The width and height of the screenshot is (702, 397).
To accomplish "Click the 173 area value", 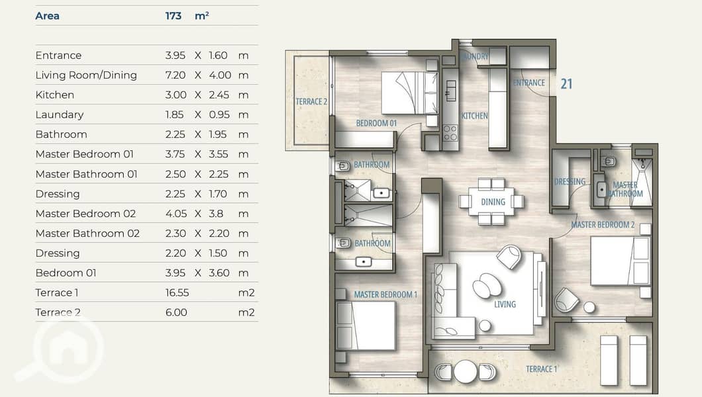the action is tap(174, 16).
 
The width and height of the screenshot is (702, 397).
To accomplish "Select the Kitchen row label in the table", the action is tap(54, 95).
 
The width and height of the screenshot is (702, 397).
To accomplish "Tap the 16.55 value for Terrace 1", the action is tap(177, 293).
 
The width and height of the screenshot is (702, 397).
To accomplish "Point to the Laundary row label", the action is tap(60, 115).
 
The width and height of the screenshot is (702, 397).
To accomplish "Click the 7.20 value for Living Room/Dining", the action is tap(175, 75).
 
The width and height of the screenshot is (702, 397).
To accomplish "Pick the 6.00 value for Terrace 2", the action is tap(176, 312).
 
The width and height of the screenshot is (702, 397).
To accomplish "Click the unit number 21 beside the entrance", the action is tap(566, 83).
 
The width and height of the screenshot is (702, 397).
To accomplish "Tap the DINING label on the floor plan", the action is tap(493, 202).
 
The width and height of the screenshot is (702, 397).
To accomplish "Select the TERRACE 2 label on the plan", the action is tap(311, 102).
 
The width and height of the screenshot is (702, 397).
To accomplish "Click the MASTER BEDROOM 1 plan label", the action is tap(385, 294).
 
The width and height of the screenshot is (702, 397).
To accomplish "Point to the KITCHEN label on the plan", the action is tap(475, 116).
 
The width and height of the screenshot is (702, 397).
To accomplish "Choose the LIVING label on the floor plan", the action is tap(505, 304).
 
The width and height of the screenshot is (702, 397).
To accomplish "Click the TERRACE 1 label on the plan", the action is tap(542, 369).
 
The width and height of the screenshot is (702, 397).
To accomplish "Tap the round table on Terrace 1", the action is tap(466, 371).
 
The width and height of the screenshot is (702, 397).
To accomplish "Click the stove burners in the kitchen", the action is tap(450, 133).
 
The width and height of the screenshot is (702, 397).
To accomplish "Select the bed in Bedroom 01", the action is tap(409, 93).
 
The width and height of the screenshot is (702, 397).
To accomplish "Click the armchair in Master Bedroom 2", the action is tap(566, 300).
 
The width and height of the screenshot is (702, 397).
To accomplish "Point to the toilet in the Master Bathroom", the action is tap(609, 161).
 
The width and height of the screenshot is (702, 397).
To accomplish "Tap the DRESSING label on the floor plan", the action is tap(570, 181).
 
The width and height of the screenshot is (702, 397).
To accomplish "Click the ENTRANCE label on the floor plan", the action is tap(528, 83).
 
